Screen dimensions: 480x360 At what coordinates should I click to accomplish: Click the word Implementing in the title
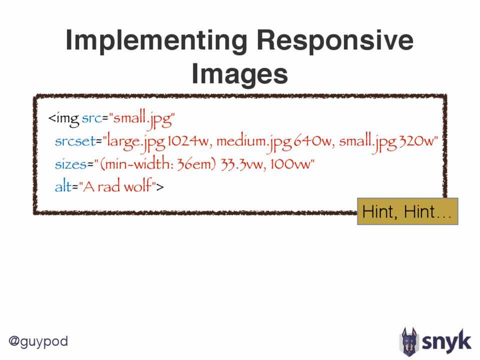pos(157,40)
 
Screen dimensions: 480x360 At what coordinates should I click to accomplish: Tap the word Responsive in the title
pos(335,40)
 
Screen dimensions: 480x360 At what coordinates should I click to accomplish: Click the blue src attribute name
pos(92,118)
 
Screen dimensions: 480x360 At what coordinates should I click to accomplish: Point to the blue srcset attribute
pos(75,141)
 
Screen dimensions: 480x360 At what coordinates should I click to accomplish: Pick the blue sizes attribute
pos(71,164)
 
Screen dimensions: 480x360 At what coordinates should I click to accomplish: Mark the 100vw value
pos(290,164)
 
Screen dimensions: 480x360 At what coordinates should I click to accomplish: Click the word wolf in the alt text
pos(138,185)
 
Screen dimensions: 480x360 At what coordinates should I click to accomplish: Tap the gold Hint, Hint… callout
pos(407,211)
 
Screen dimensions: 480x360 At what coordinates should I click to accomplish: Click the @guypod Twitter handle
pos(38,341)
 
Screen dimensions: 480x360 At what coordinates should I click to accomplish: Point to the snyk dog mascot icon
pos(409,342)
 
